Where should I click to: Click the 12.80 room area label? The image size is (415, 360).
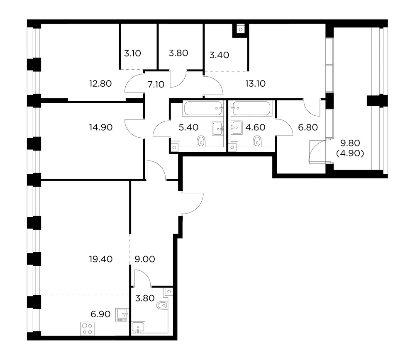pos(100,84)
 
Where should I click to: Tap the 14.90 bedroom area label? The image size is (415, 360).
pos(101,127)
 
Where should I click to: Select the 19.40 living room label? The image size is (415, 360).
pos(101,259)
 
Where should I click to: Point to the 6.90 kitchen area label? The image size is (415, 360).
pos(100,314)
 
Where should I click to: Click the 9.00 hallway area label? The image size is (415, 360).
pos(145,259)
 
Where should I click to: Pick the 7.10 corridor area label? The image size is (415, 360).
pos(156,85)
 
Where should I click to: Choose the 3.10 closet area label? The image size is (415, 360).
pos(133,54)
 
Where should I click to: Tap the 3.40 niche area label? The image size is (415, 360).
pos(219,55)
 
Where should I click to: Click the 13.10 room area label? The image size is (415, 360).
pos(255,84)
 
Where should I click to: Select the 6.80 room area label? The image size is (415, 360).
pos(308,127)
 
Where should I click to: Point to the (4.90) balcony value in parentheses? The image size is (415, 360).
pos(350,153)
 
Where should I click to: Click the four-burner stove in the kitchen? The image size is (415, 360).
pos(87,329)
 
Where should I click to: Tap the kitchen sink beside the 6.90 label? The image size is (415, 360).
pos(122,315)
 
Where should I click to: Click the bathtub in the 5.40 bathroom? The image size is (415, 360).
pos(203,108)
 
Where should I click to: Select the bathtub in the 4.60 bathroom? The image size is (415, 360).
pos(251,108)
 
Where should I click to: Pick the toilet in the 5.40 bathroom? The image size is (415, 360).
pos(201,141)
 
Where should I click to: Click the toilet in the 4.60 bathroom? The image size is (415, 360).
pos(257,141)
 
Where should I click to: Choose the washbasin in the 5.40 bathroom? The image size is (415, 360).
pos(218,129)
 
